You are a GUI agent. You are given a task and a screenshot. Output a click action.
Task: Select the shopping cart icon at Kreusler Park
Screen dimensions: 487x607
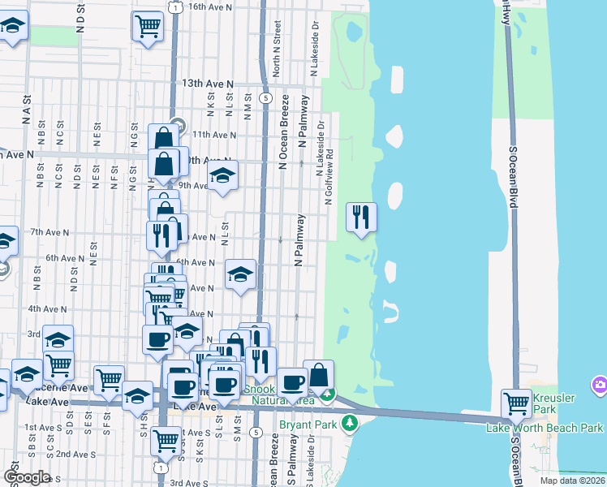[x=516, y=402]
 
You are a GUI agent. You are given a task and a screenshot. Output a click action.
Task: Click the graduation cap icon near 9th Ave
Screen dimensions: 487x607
[x=222, y=175]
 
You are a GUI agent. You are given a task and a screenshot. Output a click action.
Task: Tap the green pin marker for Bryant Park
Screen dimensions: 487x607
[x=350, y=422]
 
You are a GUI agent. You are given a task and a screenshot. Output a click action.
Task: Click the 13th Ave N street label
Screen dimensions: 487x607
[x=207, y=84]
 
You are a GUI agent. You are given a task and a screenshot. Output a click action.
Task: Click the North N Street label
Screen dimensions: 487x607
[x=277, y=54]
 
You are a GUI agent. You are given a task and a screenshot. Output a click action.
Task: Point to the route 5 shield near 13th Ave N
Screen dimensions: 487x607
[x=265, y=97]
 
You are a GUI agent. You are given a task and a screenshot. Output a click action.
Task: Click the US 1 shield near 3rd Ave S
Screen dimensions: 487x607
[x=161, y=468]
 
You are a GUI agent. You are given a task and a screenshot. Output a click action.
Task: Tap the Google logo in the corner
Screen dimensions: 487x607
[x=26, y=476]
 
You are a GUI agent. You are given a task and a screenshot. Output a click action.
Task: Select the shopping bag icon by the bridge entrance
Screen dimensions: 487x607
[x=319, y=375]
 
